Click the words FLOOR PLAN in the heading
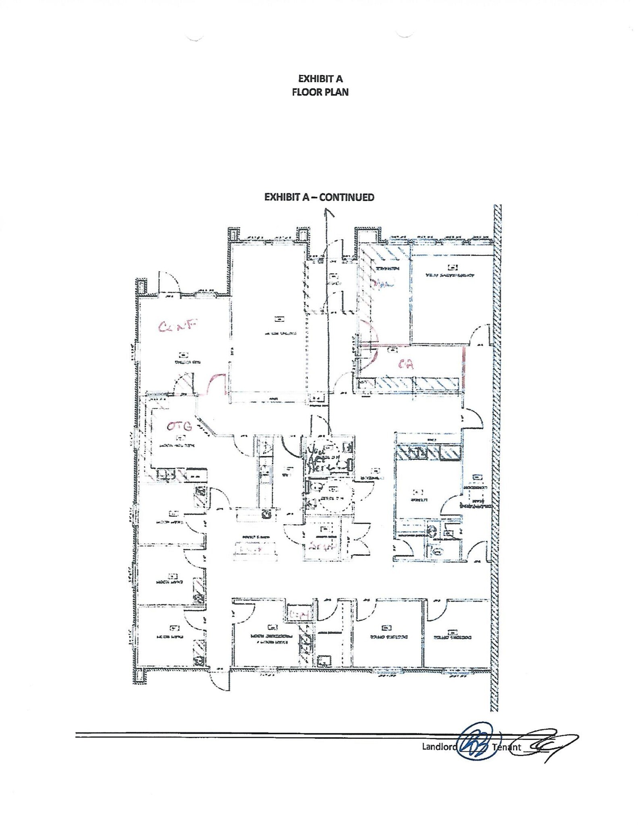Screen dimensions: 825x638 pos(320,92)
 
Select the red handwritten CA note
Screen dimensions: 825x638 pos(405,364)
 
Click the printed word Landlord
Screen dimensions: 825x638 pos(439,746)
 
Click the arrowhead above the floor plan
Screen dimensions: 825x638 pos(330,212)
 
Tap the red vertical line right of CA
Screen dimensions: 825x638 pos(464,367)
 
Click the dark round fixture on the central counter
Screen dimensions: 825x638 pos(266,514)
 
